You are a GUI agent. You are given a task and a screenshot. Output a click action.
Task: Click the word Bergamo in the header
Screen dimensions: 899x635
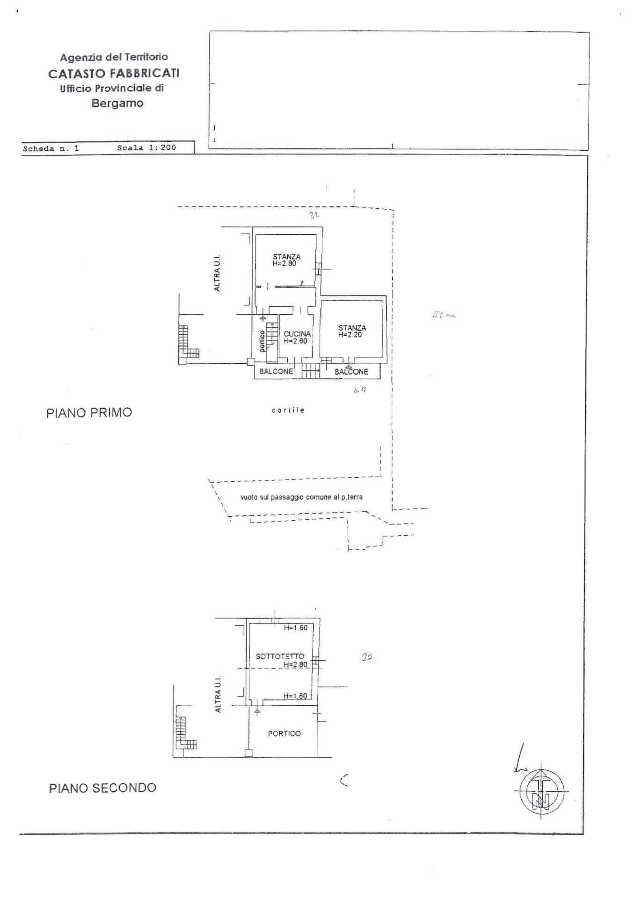point(117,103)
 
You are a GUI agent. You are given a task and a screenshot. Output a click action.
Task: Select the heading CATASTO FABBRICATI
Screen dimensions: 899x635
point(114,73)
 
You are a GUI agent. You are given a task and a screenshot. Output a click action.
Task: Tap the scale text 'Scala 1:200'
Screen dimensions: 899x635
point(146,147)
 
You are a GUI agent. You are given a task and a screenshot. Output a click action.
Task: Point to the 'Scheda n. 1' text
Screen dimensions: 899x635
point(51,148)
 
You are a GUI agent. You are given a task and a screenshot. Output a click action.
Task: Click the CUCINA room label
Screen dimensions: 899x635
point(297,334)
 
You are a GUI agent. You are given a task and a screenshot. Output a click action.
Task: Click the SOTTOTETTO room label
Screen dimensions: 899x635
point(280,656)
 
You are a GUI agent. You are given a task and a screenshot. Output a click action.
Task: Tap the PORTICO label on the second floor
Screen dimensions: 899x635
point(284,733)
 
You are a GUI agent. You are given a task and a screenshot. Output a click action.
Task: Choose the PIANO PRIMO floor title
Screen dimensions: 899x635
point(89,413)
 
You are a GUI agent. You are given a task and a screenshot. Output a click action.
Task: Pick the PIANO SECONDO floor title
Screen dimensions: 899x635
point(102,788)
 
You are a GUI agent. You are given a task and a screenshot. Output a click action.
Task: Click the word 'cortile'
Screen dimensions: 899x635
point(288,410)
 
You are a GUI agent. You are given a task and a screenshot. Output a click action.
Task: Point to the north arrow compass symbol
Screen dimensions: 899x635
point(541,791)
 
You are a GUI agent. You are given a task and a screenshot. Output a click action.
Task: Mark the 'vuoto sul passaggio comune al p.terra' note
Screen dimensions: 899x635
point(301,497)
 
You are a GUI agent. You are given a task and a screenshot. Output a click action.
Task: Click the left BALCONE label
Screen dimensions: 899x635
point(276,371)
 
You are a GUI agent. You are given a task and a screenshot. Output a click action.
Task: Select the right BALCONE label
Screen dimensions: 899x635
point(351,372)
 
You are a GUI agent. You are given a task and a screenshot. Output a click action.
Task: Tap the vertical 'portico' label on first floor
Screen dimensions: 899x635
point(263,341)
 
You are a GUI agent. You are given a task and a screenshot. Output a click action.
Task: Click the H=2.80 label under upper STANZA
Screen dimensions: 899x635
point(285,263)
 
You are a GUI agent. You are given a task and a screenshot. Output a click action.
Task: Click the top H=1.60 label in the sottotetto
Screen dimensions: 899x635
point(296,628)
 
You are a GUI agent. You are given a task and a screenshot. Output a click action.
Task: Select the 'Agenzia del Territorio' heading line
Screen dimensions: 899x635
point(114,57)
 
